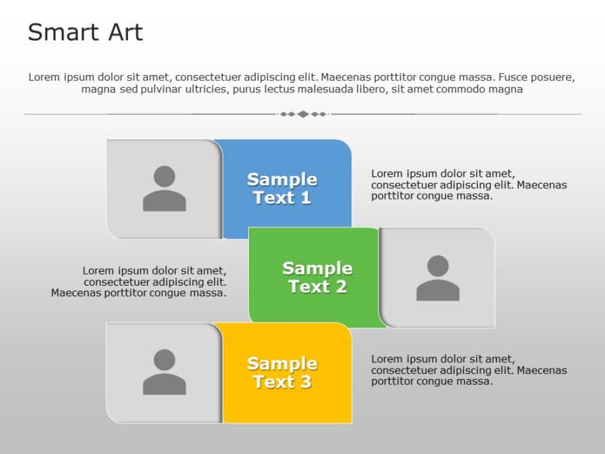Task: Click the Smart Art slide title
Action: [x=85, y=32]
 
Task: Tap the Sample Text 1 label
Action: [x=282, y=188]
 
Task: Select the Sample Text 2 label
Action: [x=317, y=277]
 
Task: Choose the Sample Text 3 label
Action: [x=282, y=373]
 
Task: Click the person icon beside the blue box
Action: [x=164, y=188]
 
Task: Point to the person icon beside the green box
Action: [x=437, y=278]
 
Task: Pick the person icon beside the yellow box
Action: [x=164, y=372]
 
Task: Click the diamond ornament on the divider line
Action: [x=302, y=114]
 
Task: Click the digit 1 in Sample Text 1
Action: [x=305, y=198]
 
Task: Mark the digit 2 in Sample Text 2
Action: [x=341, y=287]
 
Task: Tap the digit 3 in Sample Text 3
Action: [x=305, y=382]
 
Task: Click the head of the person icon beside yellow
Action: [x=164, y=360]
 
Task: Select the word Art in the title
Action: [x=123, y=32]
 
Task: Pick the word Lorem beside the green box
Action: [x=97, y=270]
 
